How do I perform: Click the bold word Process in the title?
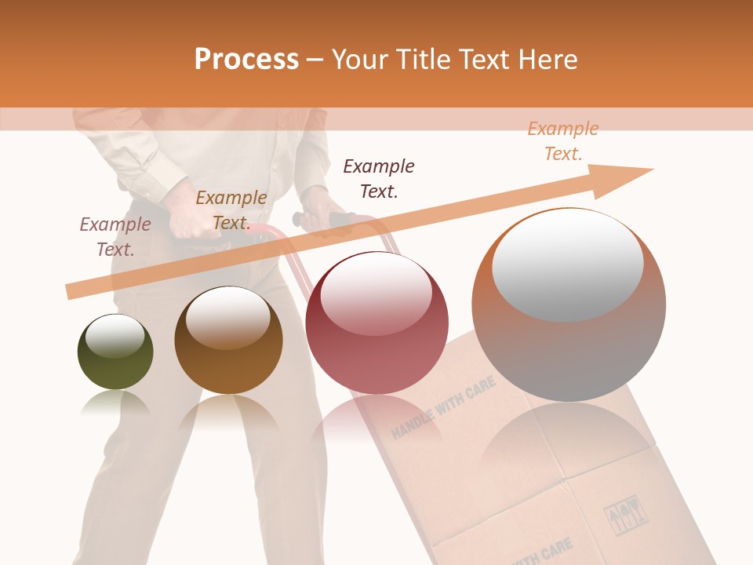tap(246, 59)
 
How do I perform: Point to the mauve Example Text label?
tap(115, 236)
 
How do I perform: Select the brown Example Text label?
tap(231, 210)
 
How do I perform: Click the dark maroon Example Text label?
tap(379, 178)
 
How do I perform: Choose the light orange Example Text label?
tap(563, 140)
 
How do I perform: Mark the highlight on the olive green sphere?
tap(115, 337)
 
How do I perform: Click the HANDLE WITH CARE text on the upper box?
tap(443, 406)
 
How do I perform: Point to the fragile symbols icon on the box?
tap(620, 516)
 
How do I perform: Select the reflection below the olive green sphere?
tap(115, 403)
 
